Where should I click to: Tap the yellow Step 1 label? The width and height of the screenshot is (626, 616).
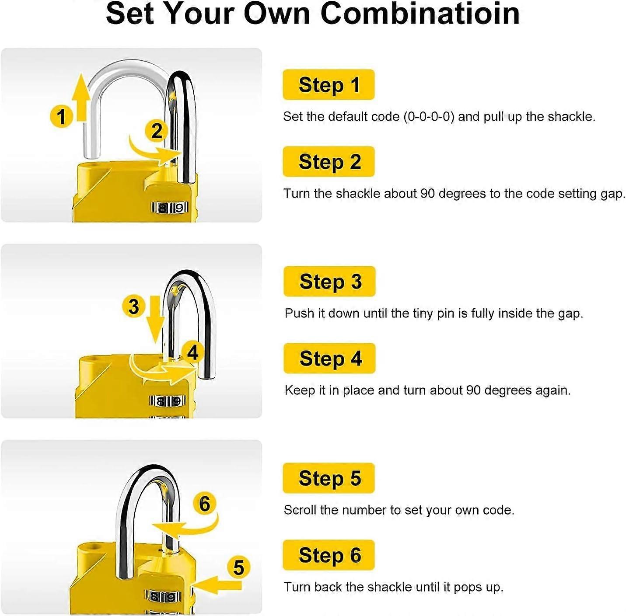click(x=329, y=84)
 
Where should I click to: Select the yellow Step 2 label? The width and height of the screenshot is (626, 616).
click(x=329, y=161)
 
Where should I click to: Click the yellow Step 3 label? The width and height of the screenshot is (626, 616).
click(x=329, y=281)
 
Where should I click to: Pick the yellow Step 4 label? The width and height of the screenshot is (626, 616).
click(x=329, y=358)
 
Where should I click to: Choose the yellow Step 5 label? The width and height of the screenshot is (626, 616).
click(x=329, y=478)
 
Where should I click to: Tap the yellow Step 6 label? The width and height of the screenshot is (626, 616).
click(x=329, y=555)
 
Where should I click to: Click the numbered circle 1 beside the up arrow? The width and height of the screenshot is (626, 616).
click(x=61, y=116)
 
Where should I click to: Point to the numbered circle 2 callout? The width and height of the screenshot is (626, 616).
click(x=156, y=131)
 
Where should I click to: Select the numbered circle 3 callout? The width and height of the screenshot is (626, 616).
click(x=133, y=306)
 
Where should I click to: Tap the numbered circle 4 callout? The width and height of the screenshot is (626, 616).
click(x=192, y=352)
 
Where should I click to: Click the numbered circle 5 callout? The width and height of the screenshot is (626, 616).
click(x=238, y=567)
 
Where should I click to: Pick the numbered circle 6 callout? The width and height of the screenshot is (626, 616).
click(x=204, y=504)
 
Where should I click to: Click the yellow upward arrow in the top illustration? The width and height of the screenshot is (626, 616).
click(x=81, y=97)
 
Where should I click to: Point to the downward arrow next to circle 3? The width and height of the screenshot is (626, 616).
click(x=155, y=319)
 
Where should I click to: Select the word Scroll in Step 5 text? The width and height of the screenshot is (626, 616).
click(x=300, y=510)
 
